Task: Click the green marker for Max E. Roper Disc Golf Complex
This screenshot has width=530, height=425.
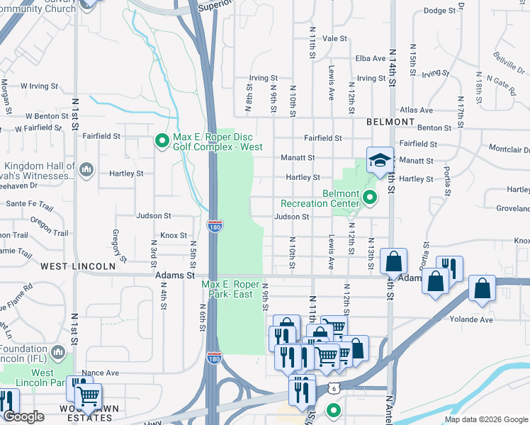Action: tap(162, 141)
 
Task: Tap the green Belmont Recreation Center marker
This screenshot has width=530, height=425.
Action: tap(368, 196)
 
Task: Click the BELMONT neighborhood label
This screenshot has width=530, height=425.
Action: tap(390, 122)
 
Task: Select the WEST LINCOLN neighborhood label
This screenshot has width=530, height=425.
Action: tap(77, 266)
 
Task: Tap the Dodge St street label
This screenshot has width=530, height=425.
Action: tap(439, 11)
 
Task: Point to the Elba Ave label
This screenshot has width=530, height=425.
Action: tap(370, 58)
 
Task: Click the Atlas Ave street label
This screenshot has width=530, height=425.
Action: tap(416, 110)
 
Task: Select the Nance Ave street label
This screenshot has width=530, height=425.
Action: tap(101, 373)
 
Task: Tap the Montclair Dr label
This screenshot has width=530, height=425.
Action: tap(509, 149)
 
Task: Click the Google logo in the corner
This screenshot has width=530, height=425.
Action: tap(23, 416)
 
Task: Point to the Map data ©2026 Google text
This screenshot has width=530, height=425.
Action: tap(485, 419)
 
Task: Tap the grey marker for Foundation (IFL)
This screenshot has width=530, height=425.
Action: tap(58, 352)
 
